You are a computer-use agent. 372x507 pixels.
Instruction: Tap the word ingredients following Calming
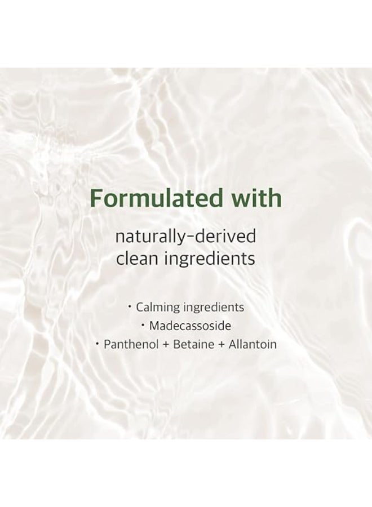point(211,308)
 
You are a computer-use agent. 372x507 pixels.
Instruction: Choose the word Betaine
point(189,344)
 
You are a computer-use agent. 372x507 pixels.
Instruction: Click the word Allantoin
point(252,344)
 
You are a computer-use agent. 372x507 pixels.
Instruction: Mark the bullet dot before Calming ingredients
point(130,307)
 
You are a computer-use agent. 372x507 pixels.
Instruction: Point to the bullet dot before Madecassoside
point(144,325)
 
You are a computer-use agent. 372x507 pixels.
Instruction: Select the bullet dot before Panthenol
point(97,344)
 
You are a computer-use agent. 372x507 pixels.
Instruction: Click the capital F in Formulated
point(97,199)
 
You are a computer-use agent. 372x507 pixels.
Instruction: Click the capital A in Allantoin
point(231,344)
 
